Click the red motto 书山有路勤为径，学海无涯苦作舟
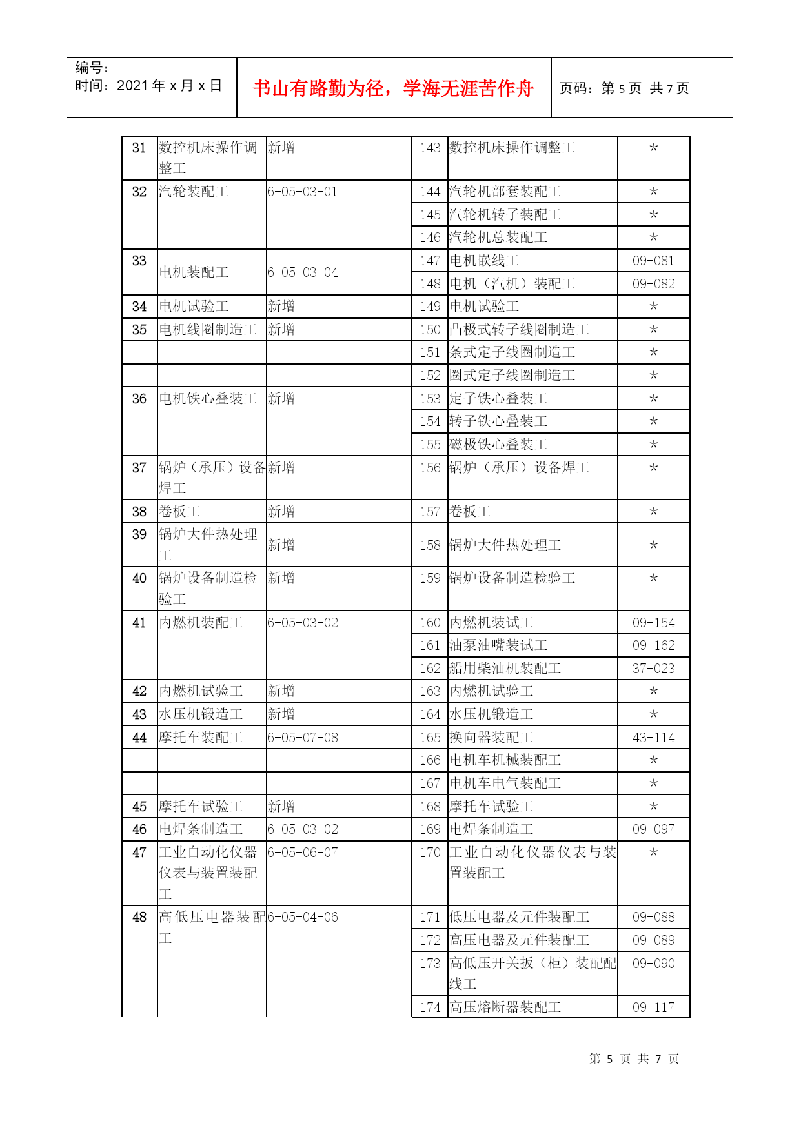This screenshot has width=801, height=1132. click(x=393, y=88)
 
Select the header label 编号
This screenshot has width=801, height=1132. click(x=91, y=68)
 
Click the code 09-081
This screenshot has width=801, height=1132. click(x=653, y=261)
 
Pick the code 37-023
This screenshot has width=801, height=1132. click(x=653, y=669)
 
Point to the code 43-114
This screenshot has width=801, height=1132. click(x=653, y=738)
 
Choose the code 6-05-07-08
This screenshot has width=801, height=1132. click(x=303, y=738)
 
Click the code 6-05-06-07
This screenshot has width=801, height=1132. click(x=303, y=853)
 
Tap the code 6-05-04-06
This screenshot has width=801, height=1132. click(x=303, y=917)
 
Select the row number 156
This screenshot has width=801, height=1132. click(x=430, y=468)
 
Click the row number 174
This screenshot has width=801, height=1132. click(x=430, y=1007)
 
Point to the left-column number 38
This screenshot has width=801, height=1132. click(x=139, y=512)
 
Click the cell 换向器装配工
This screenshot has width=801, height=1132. click(x=491, y=738)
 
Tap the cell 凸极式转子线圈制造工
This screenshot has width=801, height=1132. click(x=519, y=330)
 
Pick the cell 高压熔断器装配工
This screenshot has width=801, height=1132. click(x=505, y=1007)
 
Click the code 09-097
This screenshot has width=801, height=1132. click(x=653, y=829)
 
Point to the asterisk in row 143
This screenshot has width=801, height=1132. click(x=653, y=148)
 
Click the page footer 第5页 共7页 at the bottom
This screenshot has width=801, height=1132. click(x=634, y=1059)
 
